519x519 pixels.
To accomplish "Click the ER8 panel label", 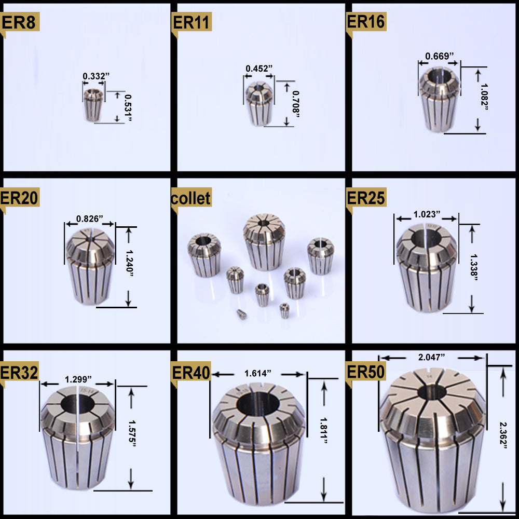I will pos(20,22).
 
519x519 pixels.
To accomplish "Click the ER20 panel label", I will pos(20,198).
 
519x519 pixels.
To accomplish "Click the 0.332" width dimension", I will pos(96,76).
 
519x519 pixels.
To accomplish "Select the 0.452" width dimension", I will pos(259,68).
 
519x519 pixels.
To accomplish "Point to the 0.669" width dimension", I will pos(440,56).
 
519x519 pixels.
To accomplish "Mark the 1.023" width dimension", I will pos(427,213).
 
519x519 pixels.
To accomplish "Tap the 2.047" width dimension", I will pos(432,357).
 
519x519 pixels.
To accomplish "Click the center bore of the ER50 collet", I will pos(434,392).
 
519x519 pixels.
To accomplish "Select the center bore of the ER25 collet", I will pos(426,237).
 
